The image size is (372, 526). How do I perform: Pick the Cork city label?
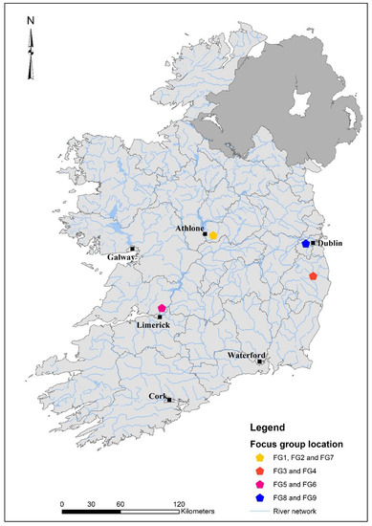click(x=159, y=395)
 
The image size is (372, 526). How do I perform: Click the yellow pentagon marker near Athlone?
click(x=214, y=234)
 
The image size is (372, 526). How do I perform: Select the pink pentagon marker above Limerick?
click(x=163, y=308)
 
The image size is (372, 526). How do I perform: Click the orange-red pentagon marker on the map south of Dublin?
click(x=314, y=275)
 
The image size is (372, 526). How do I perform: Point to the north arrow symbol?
click(x=31, y=41)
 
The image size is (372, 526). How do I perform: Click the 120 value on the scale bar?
click(x=179, y=502)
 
